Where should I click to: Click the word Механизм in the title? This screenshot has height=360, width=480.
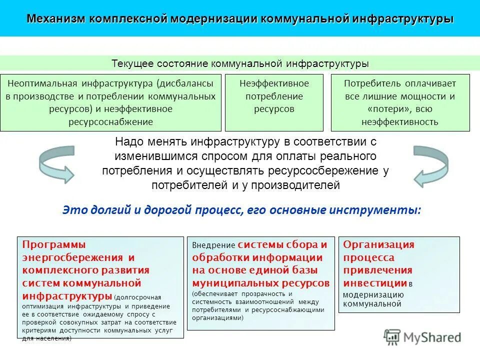coord(56,19)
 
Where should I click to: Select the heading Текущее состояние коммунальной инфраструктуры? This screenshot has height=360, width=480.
coord(240,64)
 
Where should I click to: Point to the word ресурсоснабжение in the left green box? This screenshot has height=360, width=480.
coord(110,121)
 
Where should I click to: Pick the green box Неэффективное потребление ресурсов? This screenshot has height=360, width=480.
coord(273,102)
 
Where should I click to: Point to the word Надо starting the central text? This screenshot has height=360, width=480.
coord(127,142)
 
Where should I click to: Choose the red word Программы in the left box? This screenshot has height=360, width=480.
coord(54,244)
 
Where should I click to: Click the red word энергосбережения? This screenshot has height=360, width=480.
coord(72,257)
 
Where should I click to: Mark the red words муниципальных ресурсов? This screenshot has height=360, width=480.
coord(260,283)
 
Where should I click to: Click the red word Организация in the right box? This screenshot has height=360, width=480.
coord(378,244)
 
